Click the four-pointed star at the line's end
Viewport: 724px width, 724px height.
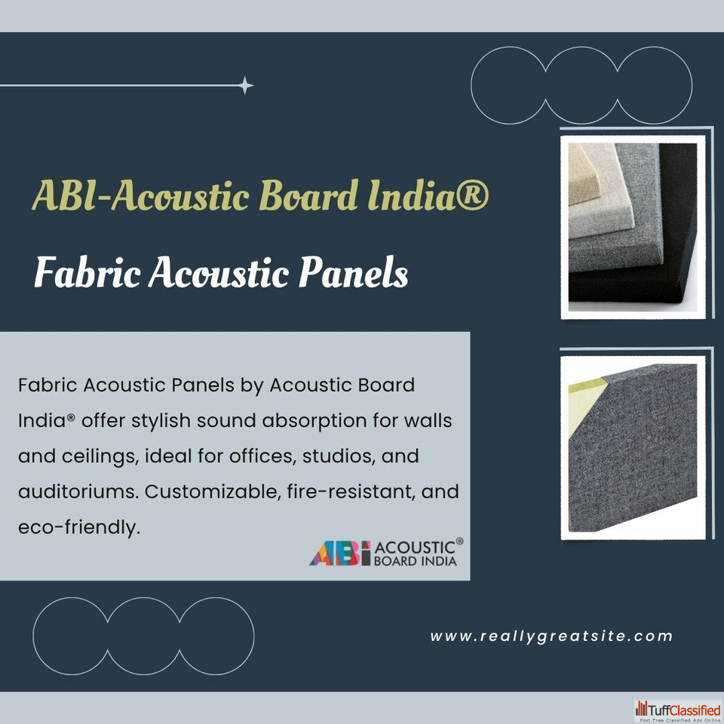(245, 85)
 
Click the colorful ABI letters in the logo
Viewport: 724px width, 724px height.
(340, 553)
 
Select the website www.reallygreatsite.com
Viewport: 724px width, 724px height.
(551, 637)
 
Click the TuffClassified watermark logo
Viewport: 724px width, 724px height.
(678, 711)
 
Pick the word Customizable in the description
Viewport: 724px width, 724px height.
(213, 491)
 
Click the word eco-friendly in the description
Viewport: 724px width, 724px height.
(78, 527)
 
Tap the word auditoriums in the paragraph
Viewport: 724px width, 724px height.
(78, 491)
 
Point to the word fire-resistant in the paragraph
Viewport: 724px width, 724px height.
(351, 491)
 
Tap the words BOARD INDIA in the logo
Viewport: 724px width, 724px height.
(415, 561)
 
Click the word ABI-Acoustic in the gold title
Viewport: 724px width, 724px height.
(141, 195)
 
